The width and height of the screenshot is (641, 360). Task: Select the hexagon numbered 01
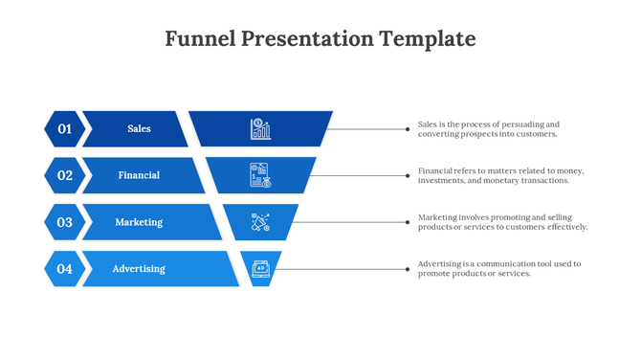pyautogui.click(x=64, y=128)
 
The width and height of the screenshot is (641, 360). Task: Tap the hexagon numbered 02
pyautogui.click(x=64, y=175)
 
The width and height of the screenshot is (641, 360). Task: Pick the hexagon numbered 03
pyautogui.click(x=64, y=222)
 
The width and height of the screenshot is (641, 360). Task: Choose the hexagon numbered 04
pyautogui.click(x=64, y=269)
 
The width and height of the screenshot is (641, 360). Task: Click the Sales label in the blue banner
pyautogui.click(x=139, y=128)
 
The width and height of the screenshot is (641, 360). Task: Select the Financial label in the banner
pyautogui.click(x=139, y=175)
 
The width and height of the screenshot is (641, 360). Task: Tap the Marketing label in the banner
pyautogui.click(x=139, y=222)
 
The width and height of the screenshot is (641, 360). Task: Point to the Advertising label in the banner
pyautogui.click(x=139, y=269)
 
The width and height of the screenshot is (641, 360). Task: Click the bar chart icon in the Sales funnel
pyautogui.click(x=260, y=128)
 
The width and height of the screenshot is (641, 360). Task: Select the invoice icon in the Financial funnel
pyautogui.click(x=260, y=175)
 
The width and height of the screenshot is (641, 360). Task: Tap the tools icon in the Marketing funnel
pyautogui.click(x=260, y=222)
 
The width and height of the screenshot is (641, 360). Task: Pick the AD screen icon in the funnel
pyautogui.click(x=260, y=269)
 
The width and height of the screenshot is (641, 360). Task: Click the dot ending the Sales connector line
pyautogui.click(x=408, y=128)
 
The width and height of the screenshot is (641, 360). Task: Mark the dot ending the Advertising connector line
pyautogui.click(x=408, y=269)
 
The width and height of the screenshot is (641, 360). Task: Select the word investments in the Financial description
pyautogui.click(x=444, y=180)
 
